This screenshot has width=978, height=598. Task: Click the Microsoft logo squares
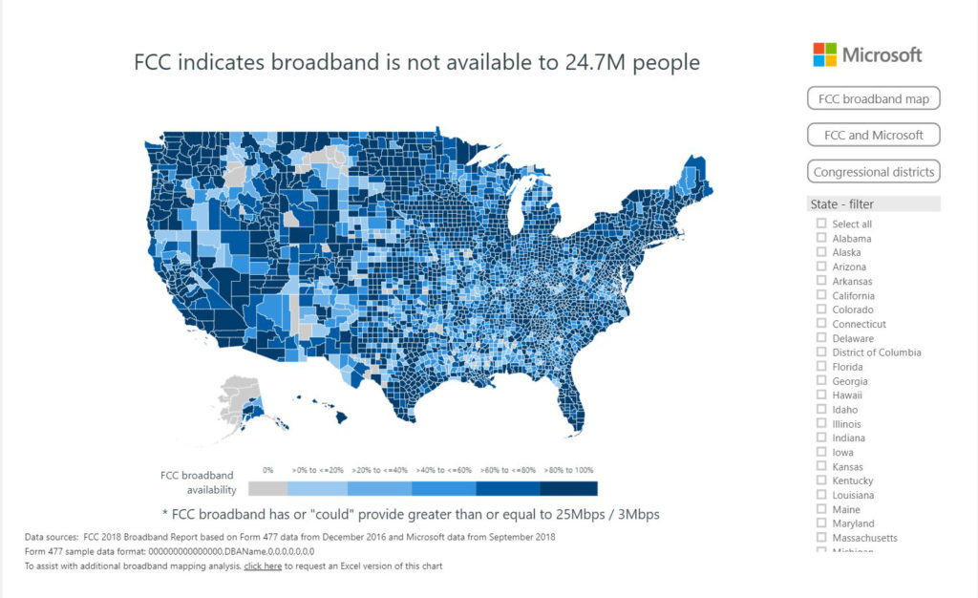click(x=824, y=54)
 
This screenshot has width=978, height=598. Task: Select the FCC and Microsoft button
click(x=873, y=135)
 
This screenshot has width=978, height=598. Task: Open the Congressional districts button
click(x=873, y=172)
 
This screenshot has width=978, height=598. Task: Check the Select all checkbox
click(x=820, y=224)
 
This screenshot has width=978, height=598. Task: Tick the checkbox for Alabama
click(x=820, y=239)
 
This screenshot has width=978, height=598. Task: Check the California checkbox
click(x=820, y=296)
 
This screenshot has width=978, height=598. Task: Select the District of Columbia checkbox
click(x=820, y=352)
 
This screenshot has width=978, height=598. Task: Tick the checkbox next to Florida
click(x=820, y=367)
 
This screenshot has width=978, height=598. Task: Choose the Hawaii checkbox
click(x=820, y=395)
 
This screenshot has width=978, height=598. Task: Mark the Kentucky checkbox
click(x=820, y=481)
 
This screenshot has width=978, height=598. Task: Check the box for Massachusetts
click(x=820, y=538)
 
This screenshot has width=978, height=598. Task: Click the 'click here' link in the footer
click(x=263, y=566)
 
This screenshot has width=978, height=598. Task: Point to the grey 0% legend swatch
click(x=267, y=488)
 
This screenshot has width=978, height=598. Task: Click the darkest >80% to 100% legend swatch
click(x=568, y=488)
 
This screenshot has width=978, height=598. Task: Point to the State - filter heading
click(x=841, y=203)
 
